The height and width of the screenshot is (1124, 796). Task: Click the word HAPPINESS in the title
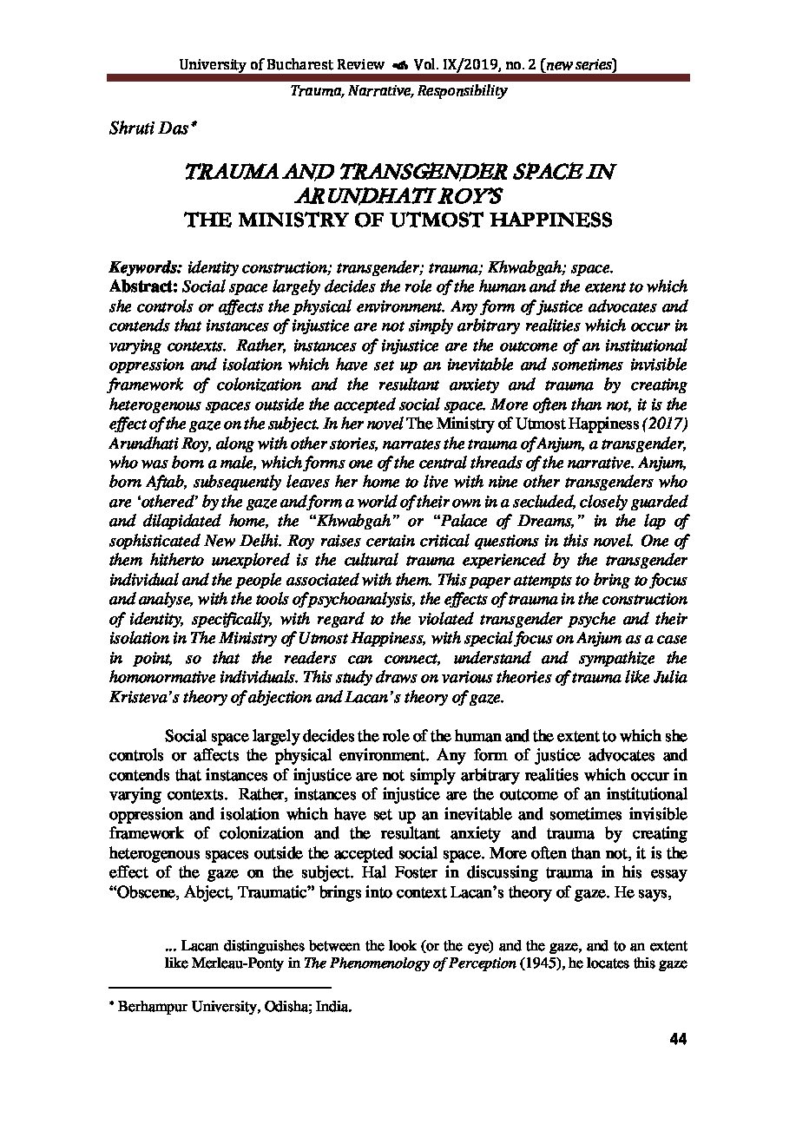pyautogui.click(x=546, y=220)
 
